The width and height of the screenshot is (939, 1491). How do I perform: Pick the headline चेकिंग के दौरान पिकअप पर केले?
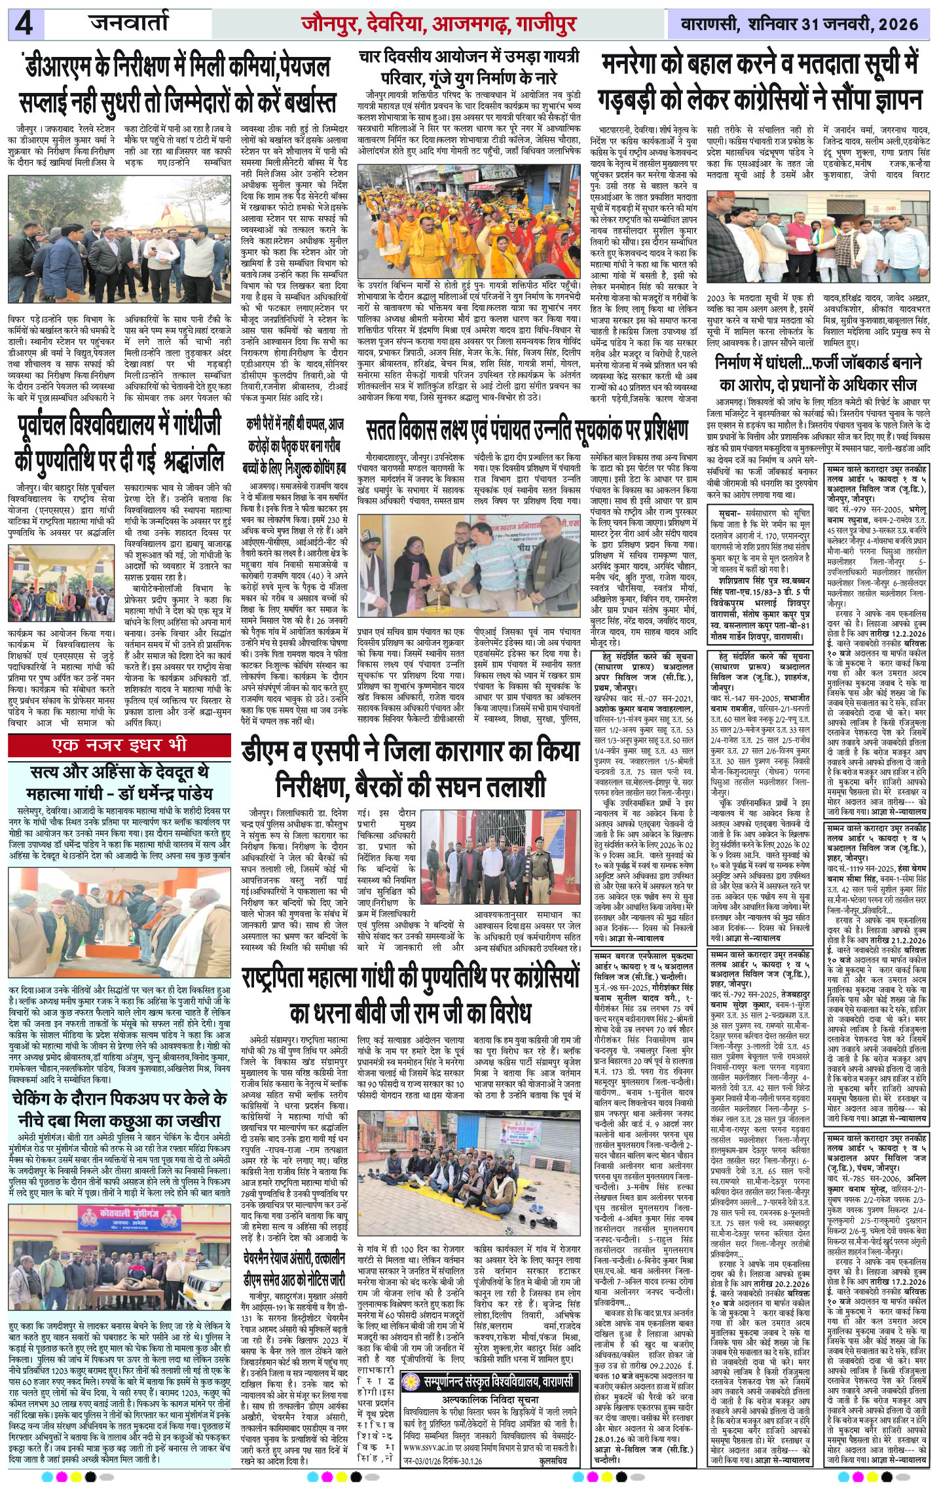(x=119, y=1109)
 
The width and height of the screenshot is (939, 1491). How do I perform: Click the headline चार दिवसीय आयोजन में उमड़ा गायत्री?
(x=469, y=66)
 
